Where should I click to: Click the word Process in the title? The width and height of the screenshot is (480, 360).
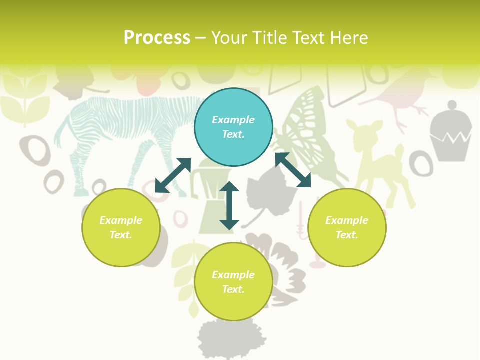tap(157, 38)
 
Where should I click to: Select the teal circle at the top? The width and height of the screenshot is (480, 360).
tap(233, 127)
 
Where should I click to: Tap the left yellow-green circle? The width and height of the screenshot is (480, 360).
tap(121, 227)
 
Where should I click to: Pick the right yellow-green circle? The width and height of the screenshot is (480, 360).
tap(347, 227)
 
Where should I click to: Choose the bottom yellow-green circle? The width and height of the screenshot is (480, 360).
tap(233, 282)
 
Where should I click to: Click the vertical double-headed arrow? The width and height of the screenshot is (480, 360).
tap(229, 205)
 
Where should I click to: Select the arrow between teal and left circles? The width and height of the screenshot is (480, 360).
tap(173, 175)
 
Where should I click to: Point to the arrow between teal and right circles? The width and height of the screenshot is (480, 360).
tap(293, 170)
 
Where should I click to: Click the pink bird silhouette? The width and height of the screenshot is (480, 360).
tap(400, 95)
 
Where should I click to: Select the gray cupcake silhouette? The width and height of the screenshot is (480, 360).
tap(450, 132)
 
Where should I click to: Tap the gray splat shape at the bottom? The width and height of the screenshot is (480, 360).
tap(230, 337)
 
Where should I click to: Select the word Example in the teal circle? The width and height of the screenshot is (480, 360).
tap(233, 120)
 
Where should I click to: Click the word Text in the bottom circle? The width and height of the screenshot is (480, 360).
tap(232, 289)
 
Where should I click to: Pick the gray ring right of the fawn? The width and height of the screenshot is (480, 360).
tap(421, 163)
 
